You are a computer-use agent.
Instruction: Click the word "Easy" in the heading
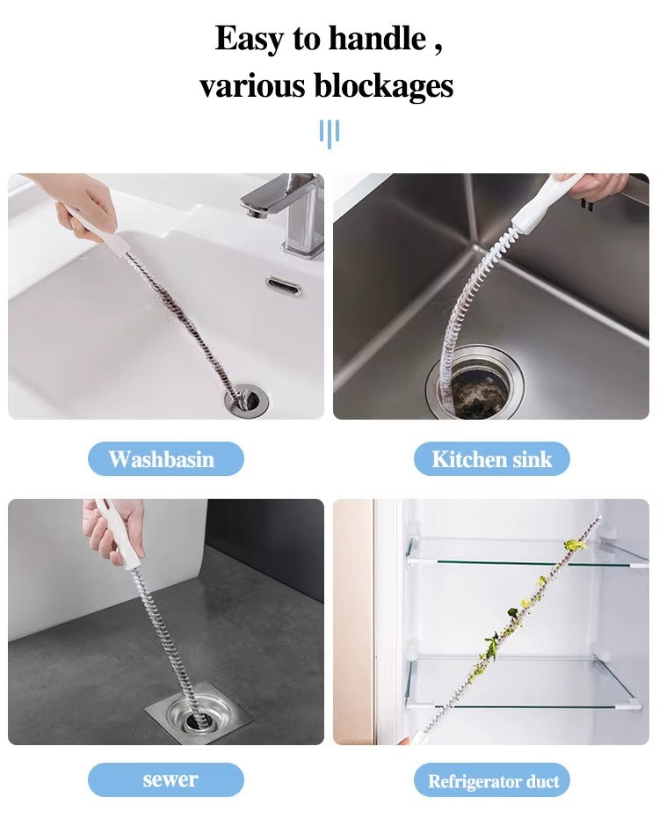(x=249, y=40)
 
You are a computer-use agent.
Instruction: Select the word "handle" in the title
(x=378, y=39)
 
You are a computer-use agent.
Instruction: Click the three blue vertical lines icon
(x=329, y=134)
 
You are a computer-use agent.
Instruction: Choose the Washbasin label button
(x=166, y=458)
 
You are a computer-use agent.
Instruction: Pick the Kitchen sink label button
(x=492, y=458)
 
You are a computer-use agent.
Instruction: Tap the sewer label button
(x=166, y=779)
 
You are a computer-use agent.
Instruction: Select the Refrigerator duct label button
(x=492, y=779)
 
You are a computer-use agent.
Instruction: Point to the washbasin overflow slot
(x=284, y=286)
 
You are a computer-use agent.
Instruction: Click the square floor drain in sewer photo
(x=199, y=718)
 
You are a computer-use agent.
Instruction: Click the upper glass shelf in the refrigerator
(x=525, y=553)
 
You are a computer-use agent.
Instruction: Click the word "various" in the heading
(x=252, y=85)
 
